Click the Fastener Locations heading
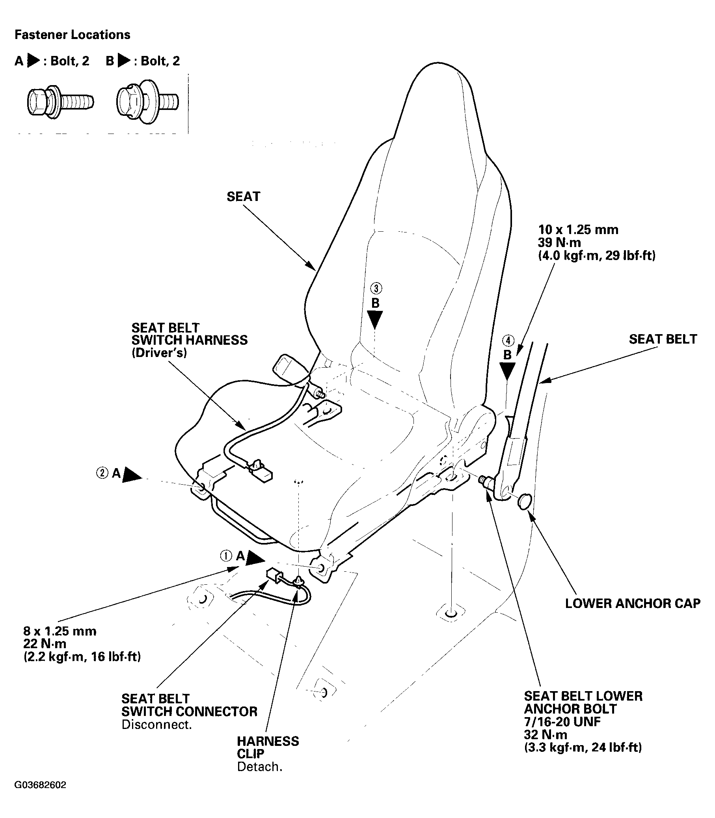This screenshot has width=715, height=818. coord(72,35)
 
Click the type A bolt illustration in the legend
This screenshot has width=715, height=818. coord(60,102)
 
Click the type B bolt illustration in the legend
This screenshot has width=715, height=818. coord(147,102)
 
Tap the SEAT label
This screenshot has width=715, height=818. coord(243,197)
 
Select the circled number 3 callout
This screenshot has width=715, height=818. coord(376,288)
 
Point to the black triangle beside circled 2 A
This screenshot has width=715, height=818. coord(132,475)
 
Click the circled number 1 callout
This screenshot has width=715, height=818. coord(226,556)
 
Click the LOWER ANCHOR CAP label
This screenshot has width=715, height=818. coord(632,603)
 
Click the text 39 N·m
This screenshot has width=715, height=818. coord(559,242)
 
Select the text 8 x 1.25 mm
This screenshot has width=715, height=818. coord(60,631)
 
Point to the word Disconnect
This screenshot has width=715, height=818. coord(156,725)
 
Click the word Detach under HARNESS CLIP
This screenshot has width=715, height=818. coord(259,767)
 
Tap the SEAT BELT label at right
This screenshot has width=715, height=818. coord(663,339)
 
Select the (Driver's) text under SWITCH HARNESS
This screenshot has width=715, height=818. coord(159,353)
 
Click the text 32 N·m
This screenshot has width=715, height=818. coord(545,734)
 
